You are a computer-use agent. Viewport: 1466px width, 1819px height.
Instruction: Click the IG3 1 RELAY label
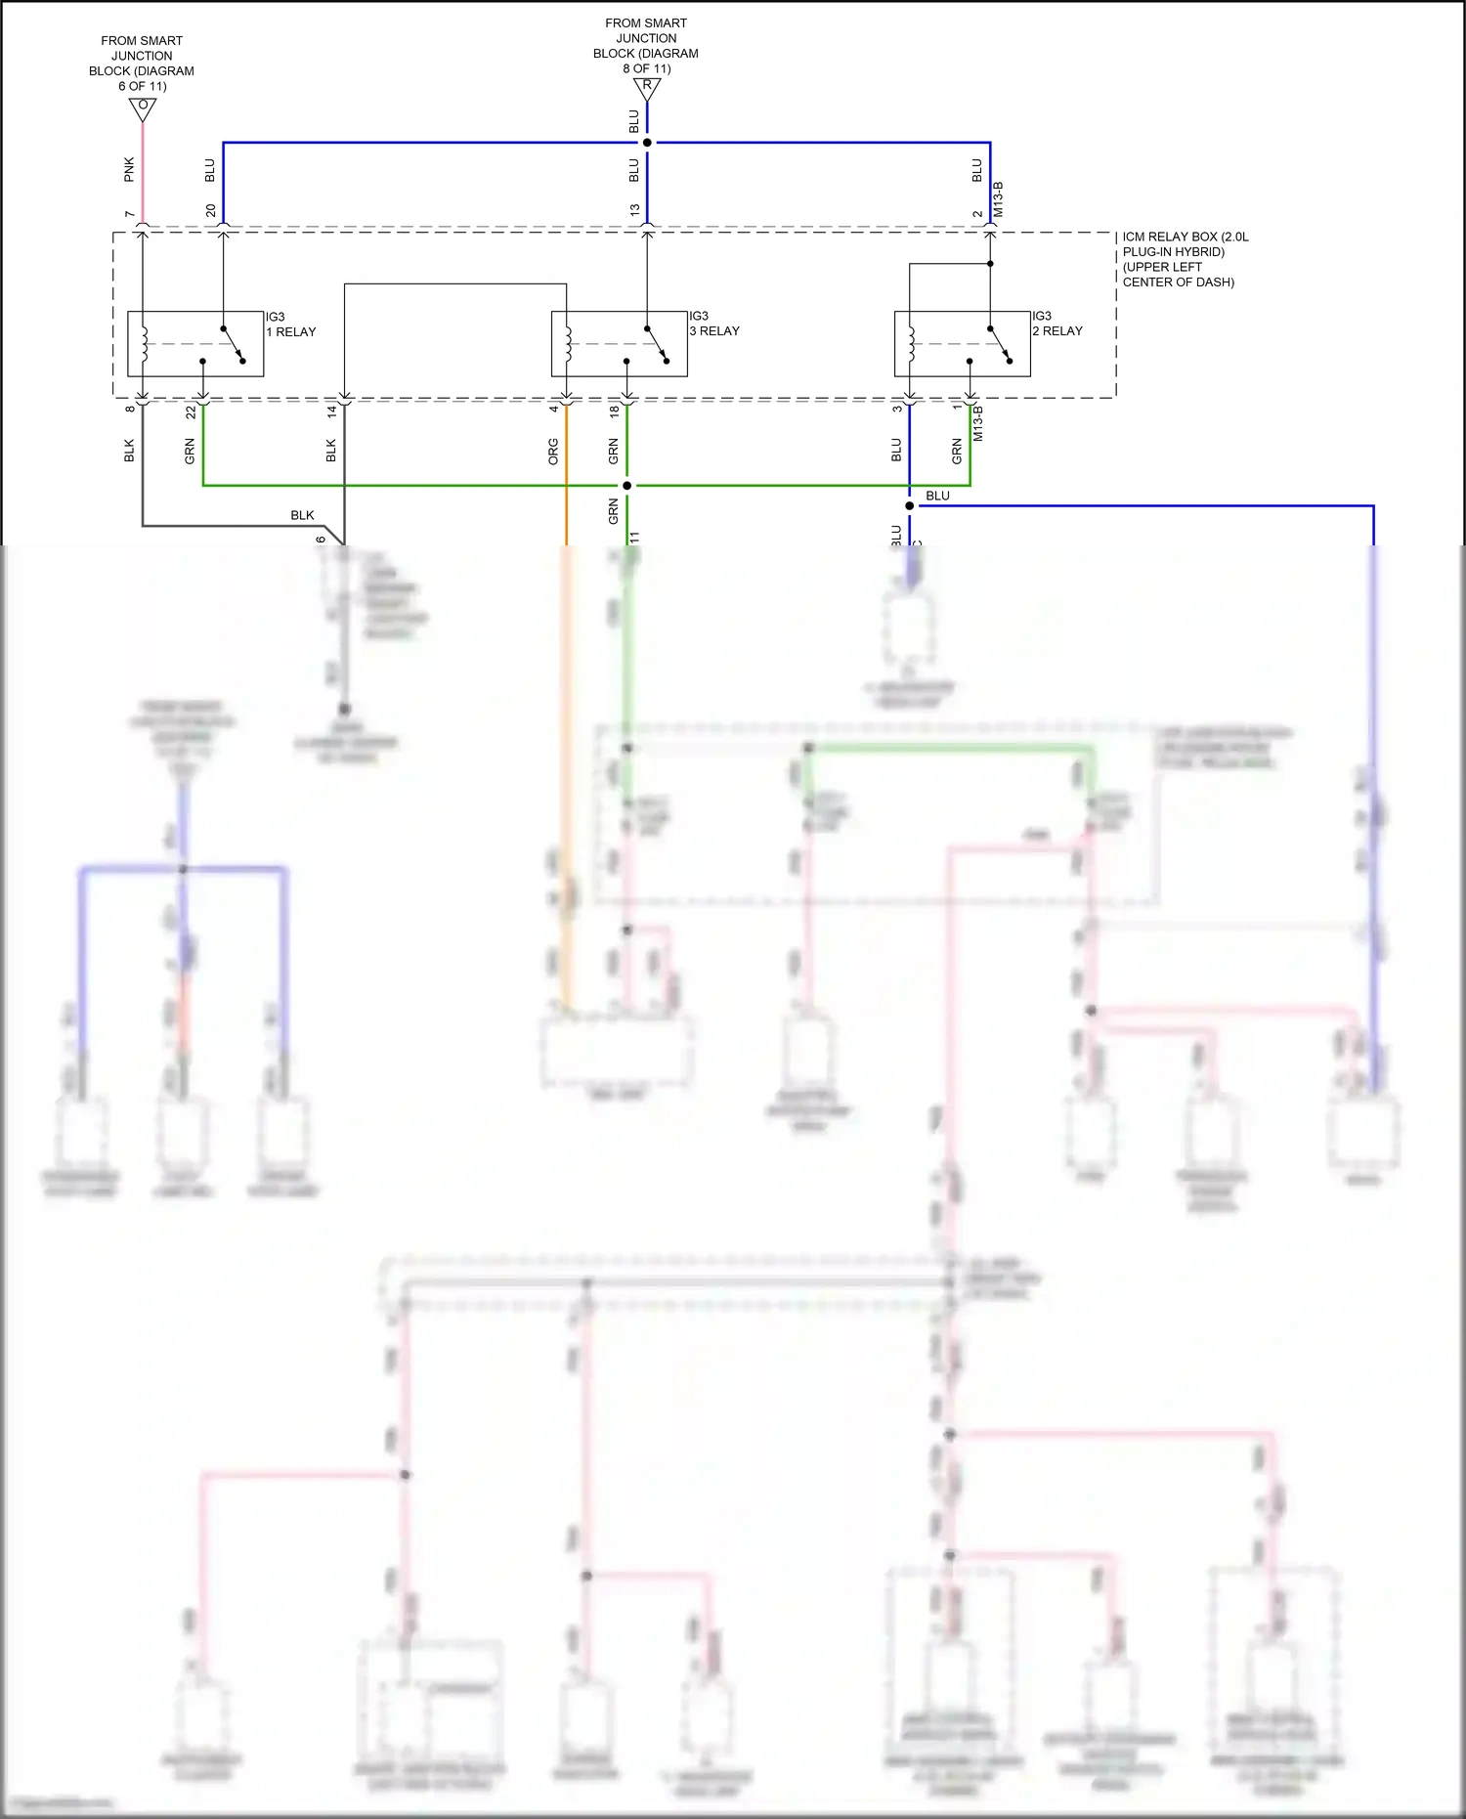(x=290, y=325)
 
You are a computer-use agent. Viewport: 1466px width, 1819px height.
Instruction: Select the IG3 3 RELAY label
(x=713, y=324)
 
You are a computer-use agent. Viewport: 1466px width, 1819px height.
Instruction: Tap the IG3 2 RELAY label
(x=1056, y=324)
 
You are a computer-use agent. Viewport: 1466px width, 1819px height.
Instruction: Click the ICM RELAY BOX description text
(x=1184, y=259)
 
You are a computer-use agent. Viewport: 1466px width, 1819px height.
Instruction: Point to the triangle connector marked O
(x=143, y=108)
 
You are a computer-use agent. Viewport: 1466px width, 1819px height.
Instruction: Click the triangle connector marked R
(x=646, y=88)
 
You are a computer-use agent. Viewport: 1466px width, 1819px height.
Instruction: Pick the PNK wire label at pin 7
(x=129, y=169)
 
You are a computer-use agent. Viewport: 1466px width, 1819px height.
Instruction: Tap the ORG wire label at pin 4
(x=553, y=451)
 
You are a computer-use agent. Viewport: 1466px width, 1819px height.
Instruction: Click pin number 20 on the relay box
(x=210, y=211)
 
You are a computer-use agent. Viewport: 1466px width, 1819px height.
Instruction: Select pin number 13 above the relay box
(x=634, y=211)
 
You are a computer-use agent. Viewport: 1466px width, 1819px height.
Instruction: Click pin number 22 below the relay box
(x=191, y=412)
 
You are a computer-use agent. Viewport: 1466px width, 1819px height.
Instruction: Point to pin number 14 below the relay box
(x=331, y=412)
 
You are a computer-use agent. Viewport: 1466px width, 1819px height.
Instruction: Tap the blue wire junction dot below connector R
(x=647, y=143)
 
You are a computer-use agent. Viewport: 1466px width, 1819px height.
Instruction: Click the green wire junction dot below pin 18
(x=626, y=485)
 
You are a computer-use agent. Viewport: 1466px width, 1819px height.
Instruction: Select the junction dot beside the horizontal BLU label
(x=909, y=506)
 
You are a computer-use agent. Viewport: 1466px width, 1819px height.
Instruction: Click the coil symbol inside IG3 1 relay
(x=145, y=343)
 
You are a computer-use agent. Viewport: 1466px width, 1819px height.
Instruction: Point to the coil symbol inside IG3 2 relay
(x=911, y=343)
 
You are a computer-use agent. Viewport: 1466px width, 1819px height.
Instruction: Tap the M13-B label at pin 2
(x=998, y=199)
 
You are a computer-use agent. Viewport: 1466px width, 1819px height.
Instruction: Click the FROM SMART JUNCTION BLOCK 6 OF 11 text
(x=142, y=64)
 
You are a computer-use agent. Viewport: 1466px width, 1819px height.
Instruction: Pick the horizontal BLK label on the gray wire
(x=302, y=515)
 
